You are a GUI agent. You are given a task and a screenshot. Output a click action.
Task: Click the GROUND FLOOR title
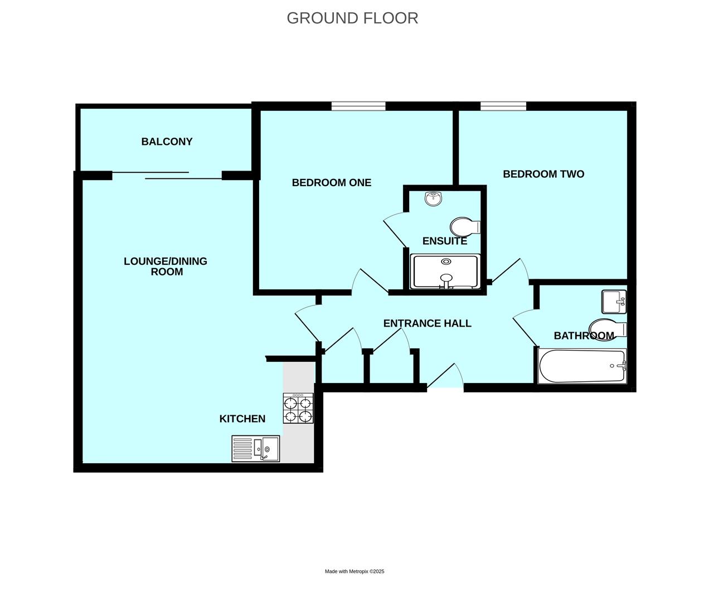click(x=352, y=18)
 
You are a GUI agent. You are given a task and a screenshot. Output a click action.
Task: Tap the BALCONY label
click(x=167, y=142)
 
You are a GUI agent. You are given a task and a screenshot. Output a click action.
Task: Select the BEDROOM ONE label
click(x=331, y=182)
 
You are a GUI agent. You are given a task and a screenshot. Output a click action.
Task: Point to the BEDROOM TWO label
click(x=543, y=174)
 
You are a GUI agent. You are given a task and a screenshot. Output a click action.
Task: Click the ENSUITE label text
click(x=445, y=241)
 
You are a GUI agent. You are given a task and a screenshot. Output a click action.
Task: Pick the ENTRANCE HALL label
click(x=427, y=323)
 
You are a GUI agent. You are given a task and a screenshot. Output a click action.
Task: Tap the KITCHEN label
click(x=242, y=419)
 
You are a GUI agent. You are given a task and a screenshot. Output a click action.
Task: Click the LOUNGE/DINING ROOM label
click(x=166, y=266)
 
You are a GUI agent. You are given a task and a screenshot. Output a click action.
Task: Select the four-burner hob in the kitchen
click(x=298, y=408)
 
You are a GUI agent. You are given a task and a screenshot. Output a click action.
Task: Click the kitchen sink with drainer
click(x=256, y=449)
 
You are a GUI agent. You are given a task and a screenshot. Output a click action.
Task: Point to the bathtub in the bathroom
click(x=582, y=366)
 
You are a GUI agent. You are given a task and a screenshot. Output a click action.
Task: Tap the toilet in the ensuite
click(x=465, y=227)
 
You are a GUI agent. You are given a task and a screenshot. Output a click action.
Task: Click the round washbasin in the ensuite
click(x=434, y=198)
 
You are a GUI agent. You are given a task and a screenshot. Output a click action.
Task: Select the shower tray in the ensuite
click(x=445, y=271)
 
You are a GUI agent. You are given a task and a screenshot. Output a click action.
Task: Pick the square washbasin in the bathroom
click(x=614, y=302)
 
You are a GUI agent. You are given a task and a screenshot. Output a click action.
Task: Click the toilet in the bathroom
click(x=608, y=329)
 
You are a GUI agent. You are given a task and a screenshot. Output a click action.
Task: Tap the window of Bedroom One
click(x=358, y=106)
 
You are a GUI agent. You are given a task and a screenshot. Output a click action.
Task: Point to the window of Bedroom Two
click(x=503, y=106)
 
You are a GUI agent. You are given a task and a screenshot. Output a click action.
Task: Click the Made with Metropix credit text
click(x=354, y=571)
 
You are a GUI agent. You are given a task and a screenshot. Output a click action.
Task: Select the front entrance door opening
click(x=445, y=387)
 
